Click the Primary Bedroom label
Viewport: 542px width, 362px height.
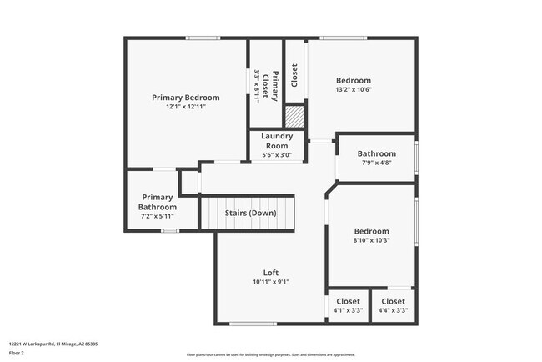[x=185, y=98]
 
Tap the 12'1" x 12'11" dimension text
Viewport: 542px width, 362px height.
[x=185, y=107]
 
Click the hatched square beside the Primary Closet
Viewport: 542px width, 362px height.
[x=295, y=116]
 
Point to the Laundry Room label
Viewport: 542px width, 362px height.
[x=276, y=141]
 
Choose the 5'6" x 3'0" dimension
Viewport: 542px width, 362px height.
[x=276, y=155]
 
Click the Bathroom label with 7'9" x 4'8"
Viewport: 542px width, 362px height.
[x=376, y=153]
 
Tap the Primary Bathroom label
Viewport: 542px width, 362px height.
[x=158, y=202]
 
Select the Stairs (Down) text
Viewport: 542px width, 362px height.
[x=250, y=213]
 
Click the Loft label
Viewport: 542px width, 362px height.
[x=270, y=273]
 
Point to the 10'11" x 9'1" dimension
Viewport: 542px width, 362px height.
[x=270, y=282]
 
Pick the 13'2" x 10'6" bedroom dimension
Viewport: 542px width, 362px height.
[x=353, y=90]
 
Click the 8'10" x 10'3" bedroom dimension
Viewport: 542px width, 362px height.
[x=371, y=240]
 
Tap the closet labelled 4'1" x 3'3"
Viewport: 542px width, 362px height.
[x=348, y=306]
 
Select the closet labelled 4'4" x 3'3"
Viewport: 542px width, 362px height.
[x=393, y=306]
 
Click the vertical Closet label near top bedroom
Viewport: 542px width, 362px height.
[x=294, y=75]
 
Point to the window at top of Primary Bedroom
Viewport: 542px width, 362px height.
[x=203, y=38]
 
